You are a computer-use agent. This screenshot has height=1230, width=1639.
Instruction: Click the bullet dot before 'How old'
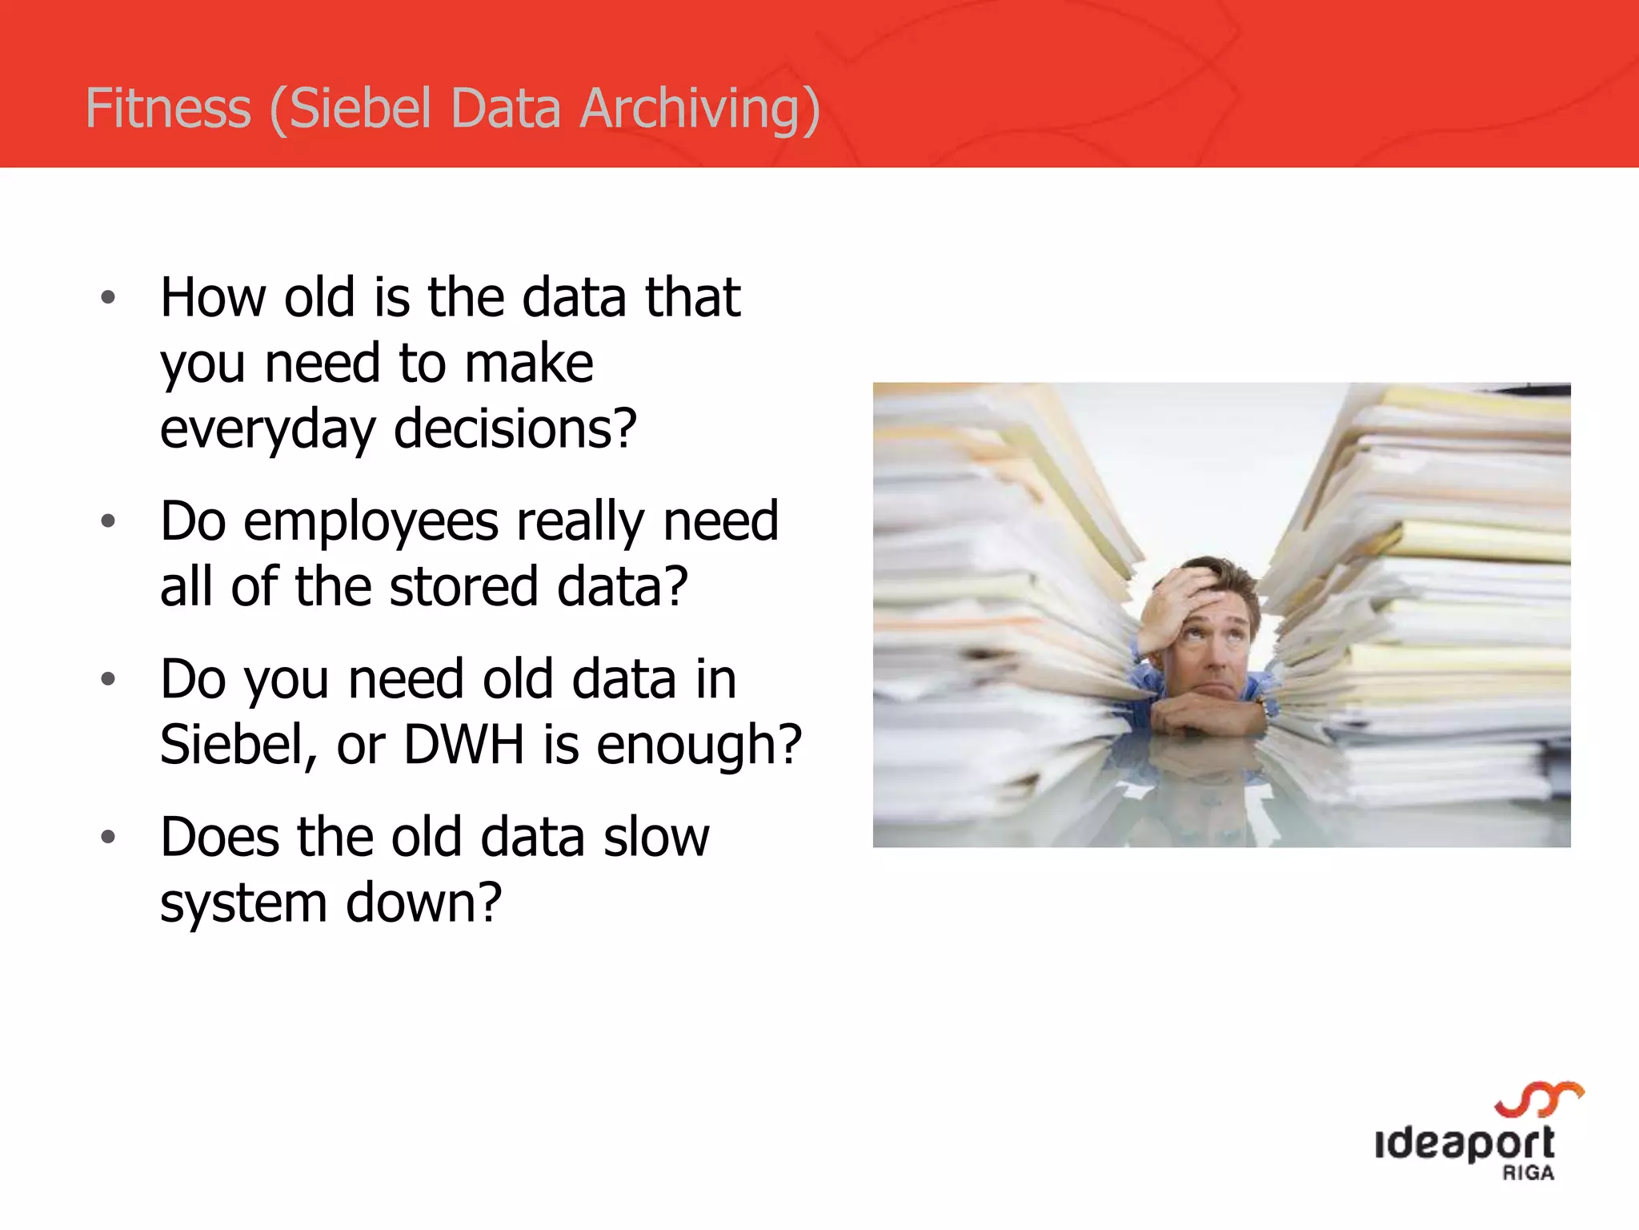pos(109,299)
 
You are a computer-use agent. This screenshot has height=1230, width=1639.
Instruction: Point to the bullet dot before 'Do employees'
pos(109,522)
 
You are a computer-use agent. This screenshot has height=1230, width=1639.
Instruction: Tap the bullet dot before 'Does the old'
pos(109,838)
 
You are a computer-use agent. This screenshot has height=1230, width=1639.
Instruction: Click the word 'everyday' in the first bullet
pos(267,429)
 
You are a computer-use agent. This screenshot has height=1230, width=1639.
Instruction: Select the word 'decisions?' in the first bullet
pos(515,429)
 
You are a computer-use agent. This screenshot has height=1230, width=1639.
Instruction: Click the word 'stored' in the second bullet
pos(463,587)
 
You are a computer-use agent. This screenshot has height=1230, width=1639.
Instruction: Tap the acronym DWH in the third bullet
pos(463,745)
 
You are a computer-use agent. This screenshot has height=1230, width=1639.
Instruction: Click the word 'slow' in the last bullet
pos(656,838)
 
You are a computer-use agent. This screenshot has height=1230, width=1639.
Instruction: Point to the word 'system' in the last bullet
pos(243,903)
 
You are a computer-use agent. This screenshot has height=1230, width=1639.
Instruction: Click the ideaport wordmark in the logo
pos(1465,1144)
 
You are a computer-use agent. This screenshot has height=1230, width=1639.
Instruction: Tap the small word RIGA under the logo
pos(1528,1174)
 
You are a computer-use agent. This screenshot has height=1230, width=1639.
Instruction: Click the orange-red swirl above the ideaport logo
pos(1540,1099)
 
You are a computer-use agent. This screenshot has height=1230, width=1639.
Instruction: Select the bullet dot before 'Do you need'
pos(109,680)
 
